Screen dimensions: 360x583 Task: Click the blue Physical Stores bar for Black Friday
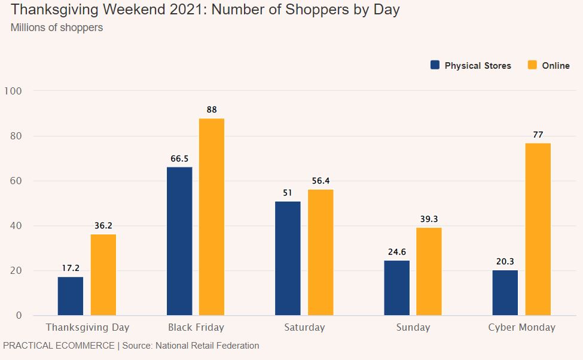click(x=179, y=241)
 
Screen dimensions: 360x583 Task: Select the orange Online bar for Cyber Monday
click(x=538, y=229)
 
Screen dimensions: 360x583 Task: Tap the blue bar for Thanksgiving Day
click(x=71, y=296)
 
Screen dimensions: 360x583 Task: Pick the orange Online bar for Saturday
click(x=321, y=252)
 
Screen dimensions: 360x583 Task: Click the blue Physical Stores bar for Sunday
click(x=396, y=288)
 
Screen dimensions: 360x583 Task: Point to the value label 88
click(x=212, y=109)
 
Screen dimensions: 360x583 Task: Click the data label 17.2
click(x=71, y=269)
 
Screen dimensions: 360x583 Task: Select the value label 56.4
click(x=321, y=181)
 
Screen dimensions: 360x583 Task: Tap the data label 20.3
click(x=505, y=261)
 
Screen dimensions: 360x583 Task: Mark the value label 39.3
click(x=429, y=219)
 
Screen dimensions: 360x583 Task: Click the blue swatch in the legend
click(x=435, y=65)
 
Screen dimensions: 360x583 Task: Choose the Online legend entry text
click(x=555, y=66)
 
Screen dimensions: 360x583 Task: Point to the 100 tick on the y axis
click(x=13, y=91)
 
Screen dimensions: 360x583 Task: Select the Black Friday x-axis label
click(x=196, y=327)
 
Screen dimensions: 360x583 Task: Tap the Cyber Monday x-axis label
click(x=521, y=327)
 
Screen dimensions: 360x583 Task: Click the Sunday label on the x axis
click(x=413, y=327)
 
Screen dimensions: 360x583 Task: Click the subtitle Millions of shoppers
click(x=57, y=28)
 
